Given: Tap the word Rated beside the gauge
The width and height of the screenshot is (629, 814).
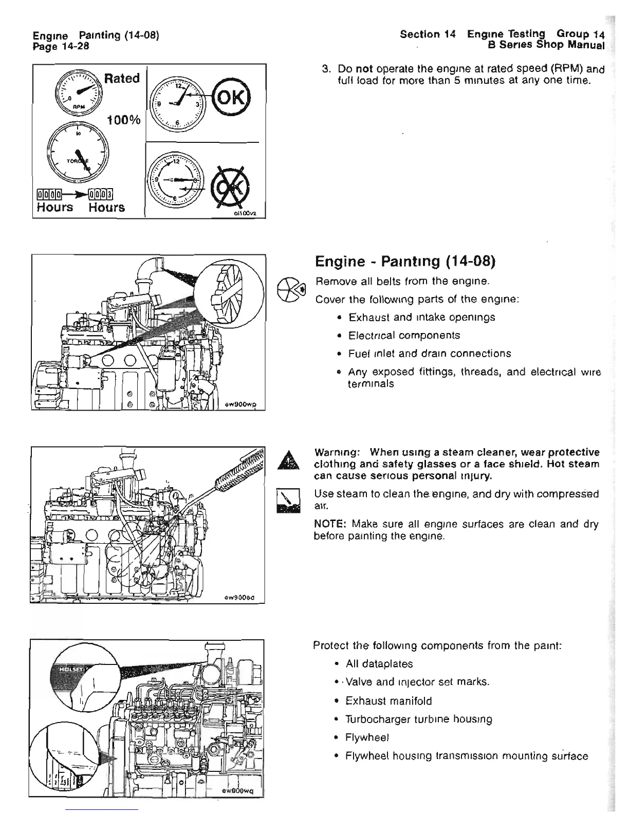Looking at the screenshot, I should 122,79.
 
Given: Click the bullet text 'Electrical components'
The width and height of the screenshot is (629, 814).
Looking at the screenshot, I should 404,335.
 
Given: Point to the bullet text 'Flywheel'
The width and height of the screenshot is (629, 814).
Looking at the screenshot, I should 367,737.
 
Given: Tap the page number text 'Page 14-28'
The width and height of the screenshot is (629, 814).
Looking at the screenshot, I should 61,46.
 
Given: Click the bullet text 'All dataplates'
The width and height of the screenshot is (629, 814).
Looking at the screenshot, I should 379,664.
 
